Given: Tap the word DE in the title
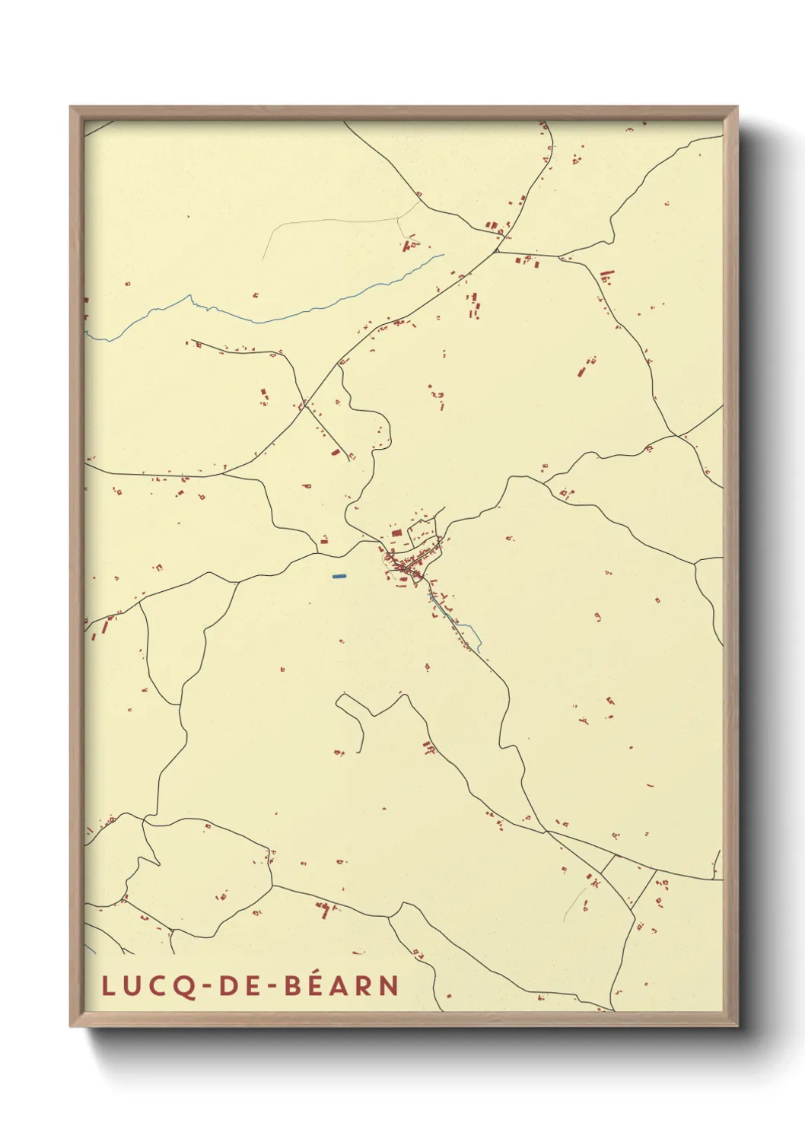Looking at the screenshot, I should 239,986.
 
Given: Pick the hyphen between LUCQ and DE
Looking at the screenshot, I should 207,987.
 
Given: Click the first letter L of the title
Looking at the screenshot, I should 108,986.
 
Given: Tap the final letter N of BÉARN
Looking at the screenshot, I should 390,986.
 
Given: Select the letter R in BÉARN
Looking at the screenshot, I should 366,986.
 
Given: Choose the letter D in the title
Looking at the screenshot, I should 228,986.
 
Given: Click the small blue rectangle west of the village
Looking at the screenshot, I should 339,576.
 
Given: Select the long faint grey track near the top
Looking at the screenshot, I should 335,221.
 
